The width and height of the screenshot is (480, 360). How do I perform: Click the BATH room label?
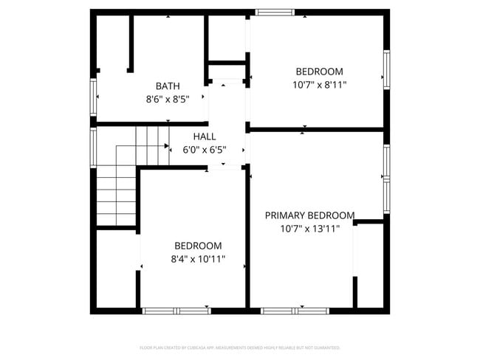(168, 86)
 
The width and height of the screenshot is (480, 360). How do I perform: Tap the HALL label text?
(205, 136)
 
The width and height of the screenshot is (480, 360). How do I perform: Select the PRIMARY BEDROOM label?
(309, 215)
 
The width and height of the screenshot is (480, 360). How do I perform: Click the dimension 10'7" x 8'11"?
(319, 85)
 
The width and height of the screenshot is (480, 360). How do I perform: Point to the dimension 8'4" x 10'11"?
(198, 259)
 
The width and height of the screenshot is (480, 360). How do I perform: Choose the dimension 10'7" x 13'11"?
(309, 229)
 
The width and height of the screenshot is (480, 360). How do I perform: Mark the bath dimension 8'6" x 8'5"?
(168, 99)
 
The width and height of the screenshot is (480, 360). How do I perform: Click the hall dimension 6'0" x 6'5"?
(205, 150)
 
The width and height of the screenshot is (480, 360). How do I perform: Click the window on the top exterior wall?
(275, 12)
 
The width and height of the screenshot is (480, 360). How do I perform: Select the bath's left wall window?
(94, 97)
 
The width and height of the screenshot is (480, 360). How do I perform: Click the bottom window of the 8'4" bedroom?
(176, 311)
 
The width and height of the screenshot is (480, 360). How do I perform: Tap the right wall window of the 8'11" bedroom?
(386, 69)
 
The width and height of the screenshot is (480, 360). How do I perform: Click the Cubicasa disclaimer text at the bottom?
(240, 347)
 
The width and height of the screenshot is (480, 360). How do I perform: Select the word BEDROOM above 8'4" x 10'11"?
(198, 246)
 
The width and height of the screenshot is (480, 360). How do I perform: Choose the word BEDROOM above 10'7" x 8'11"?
(319, 72)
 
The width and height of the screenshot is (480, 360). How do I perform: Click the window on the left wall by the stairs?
(94, 148)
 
